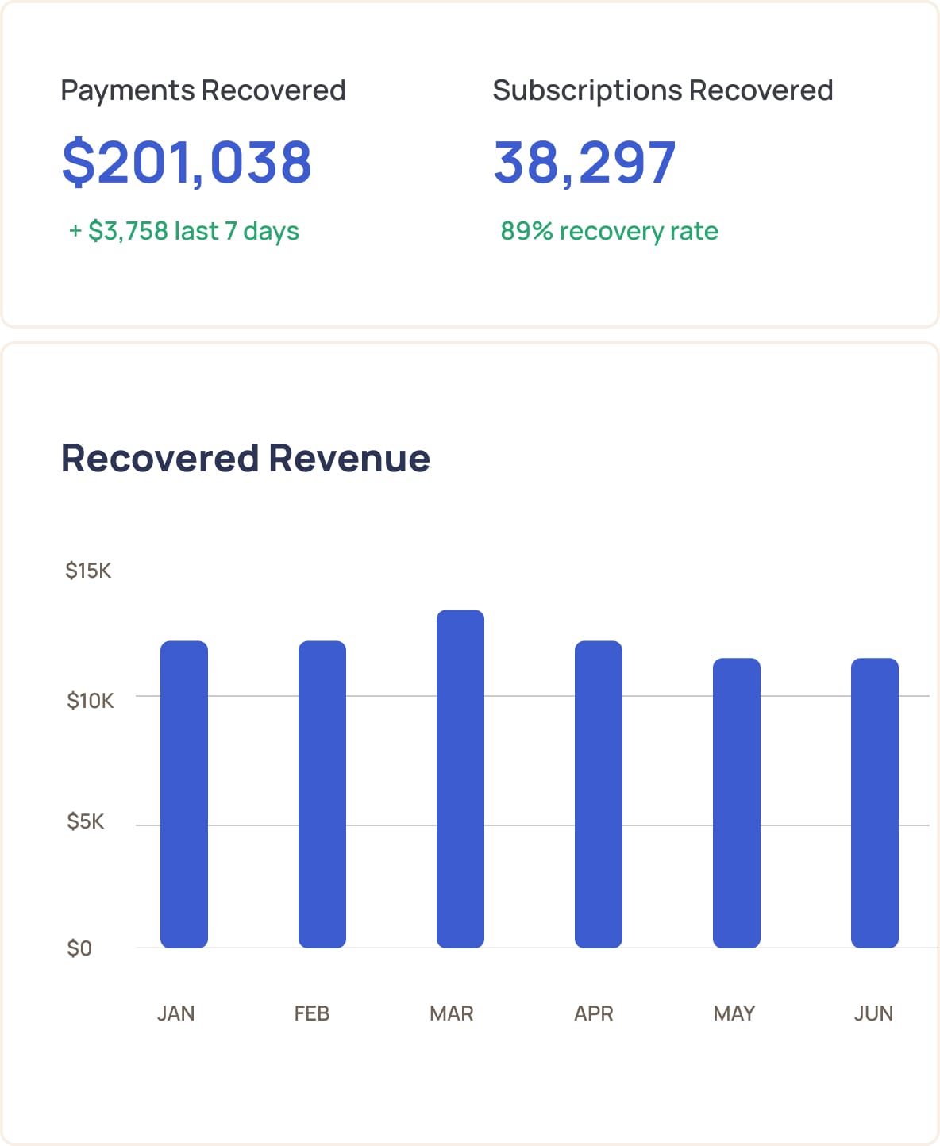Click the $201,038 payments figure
click(x=187, y=162)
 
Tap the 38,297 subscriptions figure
click(x=584, y=162)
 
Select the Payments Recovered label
click(x=203, y=90)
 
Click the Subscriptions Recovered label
click(x=662, y=90)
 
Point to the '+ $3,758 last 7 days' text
click(x=184, y=231)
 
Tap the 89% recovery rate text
click(x=609, y=231)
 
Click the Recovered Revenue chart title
click(x=245, y=458)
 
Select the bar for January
click(x=184, y=794)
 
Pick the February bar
click(x=322, y=794)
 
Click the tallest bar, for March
click(x=460, y=778)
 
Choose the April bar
click(x=599, y=794)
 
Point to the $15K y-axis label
click(x=88, y=571)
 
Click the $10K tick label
click(x=90, y=701)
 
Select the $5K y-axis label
click(x=85, y=821)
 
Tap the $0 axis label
click(x=79, y=948)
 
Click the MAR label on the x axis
click(x=451, y=1013)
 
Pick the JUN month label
click(x=873, y=1013)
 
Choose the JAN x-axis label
click(x=175, y=1013)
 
